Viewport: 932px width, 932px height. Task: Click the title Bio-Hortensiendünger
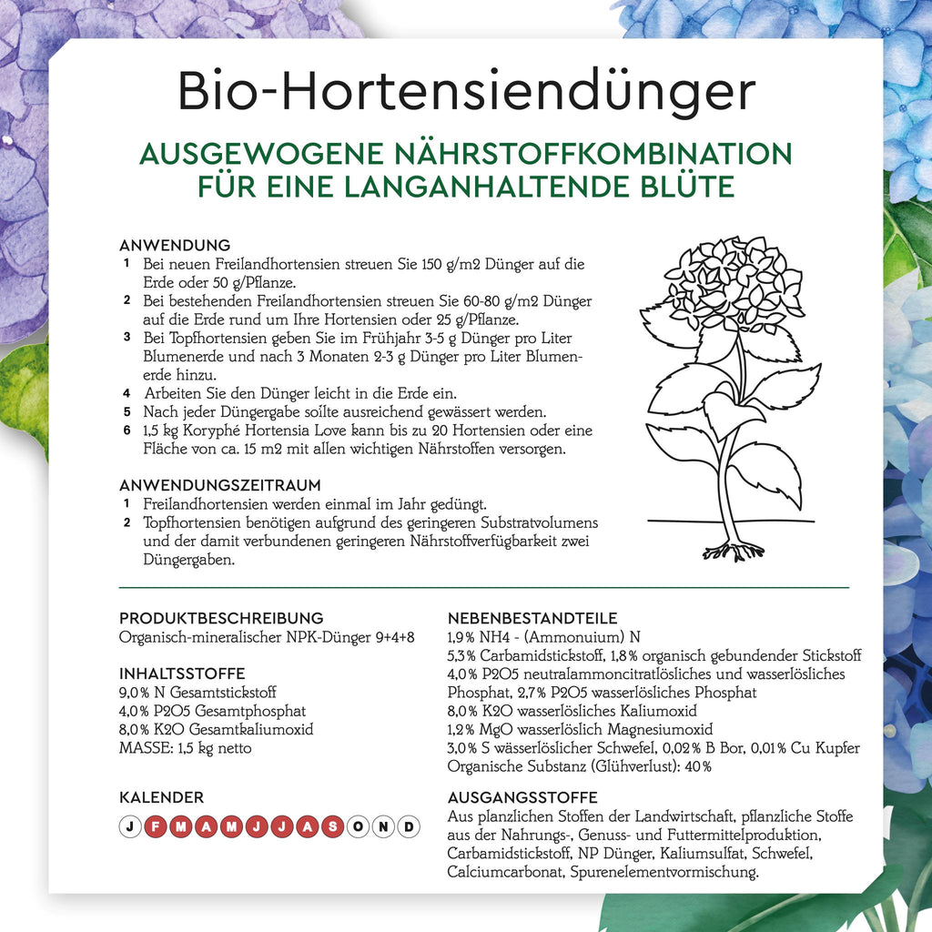point(466,91)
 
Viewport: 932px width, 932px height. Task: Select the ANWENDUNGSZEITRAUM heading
point(220,485)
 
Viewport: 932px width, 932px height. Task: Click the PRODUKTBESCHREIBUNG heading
point(221,618)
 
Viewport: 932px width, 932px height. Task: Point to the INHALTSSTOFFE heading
point(182,674)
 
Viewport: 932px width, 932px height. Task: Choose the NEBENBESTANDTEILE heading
point(532,618)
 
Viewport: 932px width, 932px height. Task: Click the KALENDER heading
point(161,797)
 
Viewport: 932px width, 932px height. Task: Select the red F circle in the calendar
point(156,826)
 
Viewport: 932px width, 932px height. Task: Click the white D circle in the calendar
point(410,826)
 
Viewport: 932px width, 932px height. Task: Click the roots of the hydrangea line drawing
point(734,549)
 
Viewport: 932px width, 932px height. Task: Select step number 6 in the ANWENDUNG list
point(127,430)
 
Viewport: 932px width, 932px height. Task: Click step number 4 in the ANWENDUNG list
point(127,393)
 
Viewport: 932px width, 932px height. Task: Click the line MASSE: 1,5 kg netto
point(186,748)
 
